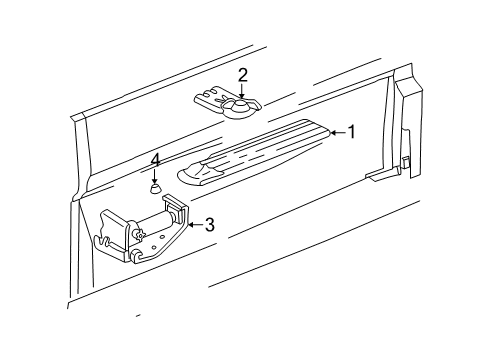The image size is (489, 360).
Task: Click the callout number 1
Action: [x=351, y=132]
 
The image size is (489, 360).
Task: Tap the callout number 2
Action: [x=243, y=74]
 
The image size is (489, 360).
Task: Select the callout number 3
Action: [x=210, y=224]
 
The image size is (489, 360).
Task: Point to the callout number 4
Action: [x=155, y=159]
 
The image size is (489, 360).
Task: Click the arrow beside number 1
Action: [x=333, y=132]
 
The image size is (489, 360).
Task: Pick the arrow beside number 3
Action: [x=193, y=224]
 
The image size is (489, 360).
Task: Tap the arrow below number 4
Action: [x=155, y=174]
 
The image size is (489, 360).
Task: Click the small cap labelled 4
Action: [x=155, y=186]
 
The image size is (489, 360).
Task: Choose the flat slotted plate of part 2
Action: [x=212, y=97]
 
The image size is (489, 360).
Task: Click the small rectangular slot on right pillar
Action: [x=406, y=161]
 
